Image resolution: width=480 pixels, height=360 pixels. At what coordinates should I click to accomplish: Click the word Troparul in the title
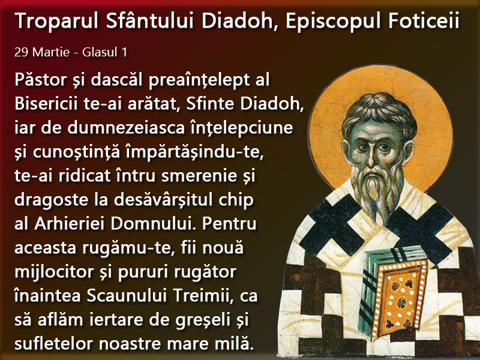coord(56,21)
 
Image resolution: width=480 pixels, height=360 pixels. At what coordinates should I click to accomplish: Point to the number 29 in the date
coord(21,52)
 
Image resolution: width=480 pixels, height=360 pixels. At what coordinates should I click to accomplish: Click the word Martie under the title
coord(51,52)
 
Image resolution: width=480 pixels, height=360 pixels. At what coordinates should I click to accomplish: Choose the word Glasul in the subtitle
coord(100,52)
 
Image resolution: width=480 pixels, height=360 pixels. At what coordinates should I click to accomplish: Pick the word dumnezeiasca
coord(126,128)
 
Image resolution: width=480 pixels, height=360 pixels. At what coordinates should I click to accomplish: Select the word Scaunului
coord(127,296)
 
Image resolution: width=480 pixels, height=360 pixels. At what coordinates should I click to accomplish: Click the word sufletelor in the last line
coord(53,344)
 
